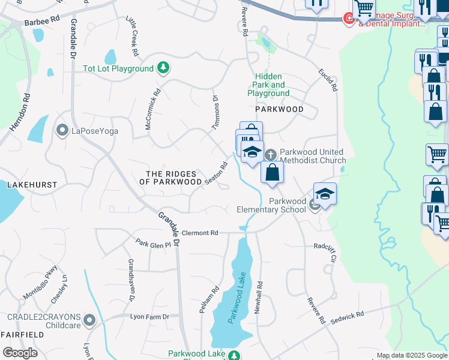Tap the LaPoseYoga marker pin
62,130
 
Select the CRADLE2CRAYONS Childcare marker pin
89,320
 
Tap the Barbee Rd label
42,20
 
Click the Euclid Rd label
328,80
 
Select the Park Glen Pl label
154,244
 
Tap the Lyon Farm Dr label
150,316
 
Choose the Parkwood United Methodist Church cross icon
270,155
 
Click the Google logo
20,353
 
